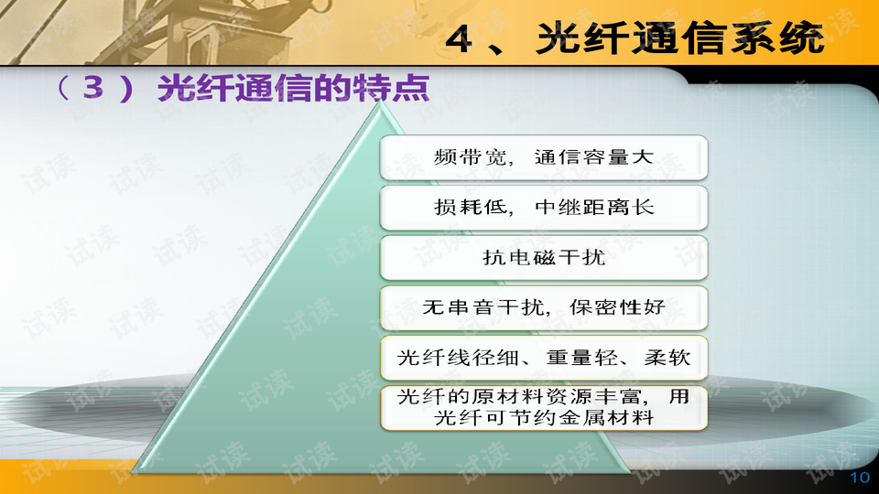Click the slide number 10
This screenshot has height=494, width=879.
point(859,478)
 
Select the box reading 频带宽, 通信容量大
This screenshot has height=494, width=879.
point(544,157)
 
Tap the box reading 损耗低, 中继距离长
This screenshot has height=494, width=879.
point(544,208)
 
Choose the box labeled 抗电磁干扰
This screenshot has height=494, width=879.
point(544,258)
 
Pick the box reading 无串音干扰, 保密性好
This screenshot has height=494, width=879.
point(544,308)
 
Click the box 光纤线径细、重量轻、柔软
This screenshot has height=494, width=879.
point(544,359)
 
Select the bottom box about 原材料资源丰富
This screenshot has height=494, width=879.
point(544,409)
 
